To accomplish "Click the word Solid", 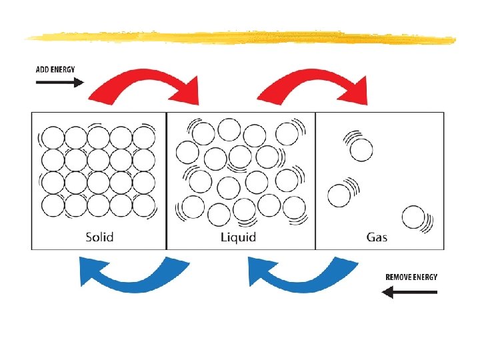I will (99, 237).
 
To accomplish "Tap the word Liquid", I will (238, 237).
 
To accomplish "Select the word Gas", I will (377, 237).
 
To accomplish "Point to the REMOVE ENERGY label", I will (411, 277).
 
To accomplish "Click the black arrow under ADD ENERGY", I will (59, 83).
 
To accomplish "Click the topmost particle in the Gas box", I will (361, 150).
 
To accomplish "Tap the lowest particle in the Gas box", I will (413, 217).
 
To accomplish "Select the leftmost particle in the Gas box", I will (339, 195).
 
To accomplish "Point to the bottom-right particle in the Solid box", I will (143, 205).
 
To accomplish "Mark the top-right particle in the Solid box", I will (143, 137).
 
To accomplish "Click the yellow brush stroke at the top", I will (240, 37).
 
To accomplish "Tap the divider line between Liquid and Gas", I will (315, 180).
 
